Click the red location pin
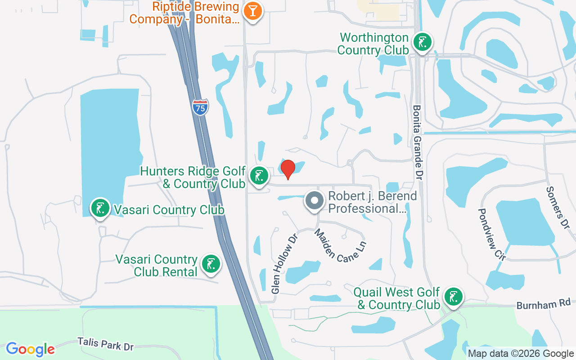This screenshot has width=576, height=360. [x=288, y=169]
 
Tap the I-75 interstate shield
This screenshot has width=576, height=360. [x=200, y=107]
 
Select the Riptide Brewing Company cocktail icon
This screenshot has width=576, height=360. [x=252, y=11]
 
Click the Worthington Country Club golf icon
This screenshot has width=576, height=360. [x=422, y=43]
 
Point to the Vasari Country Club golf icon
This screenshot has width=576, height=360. [x=100, y=208]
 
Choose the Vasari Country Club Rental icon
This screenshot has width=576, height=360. [x=211, y=264]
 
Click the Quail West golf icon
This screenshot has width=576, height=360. [x=454, y=297]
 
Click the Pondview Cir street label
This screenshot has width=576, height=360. [x=492, y=234]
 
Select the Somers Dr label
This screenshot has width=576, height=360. [x=557, y=207]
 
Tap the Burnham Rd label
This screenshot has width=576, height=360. [x=543, y=304]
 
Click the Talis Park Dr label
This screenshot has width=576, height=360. [x=105, y=345]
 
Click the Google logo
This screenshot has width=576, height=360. [x=30, y=349]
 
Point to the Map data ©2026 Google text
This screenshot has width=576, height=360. [x=521, y=354]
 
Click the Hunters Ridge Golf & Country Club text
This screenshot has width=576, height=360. [x=193, y=177]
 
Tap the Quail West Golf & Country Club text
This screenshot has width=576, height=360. [x=396, y=298]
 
